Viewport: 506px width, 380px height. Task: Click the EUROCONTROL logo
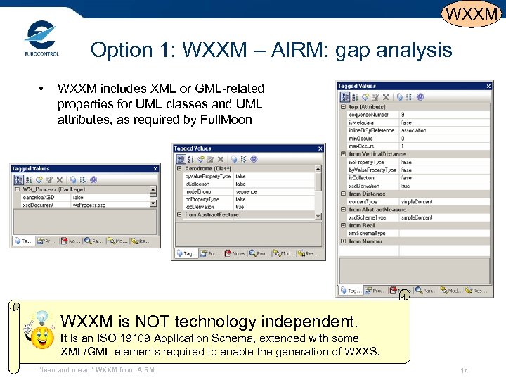pos(41,39)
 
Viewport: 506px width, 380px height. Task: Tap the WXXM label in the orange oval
pos(472,13)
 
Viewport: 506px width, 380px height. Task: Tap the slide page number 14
pos(464,370)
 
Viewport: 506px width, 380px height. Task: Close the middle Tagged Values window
pos(320,148)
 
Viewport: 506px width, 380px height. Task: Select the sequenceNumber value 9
pos(403,114)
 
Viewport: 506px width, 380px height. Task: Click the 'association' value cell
pos(414,130)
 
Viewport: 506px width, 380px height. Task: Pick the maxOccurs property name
pos(361,146)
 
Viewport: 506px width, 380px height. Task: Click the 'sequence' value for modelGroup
pos(246,191)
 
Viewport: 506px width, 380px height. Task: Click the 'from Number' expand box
pos(343,241)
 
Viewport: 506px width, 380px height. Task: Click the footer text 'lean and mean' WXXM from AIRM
pos(96,370)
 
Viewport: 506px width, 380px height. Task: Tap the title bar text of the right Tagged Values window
pos(358,87)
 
